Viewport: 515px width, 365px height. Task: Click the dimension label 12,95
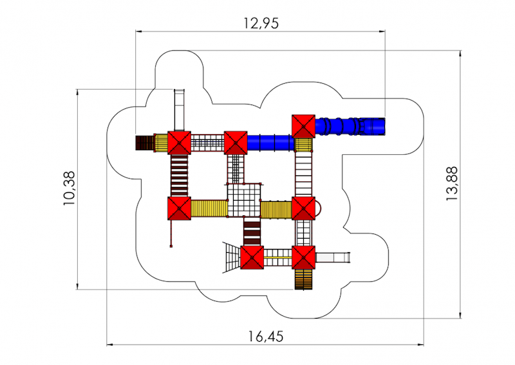[x=261, y=23]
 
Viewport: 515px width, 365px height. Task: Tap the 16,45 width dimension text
[x=266, y=337]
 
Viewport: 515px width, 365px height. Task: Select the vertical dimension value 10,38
[x=70, y=188]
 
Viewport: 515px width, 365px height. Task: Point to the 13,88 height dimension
[x=452, y=184]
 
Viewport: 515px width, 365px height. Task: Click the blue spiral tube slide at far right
[x=350, y=126]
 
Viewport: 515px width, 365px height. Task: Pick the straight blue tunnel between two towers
[x=270, y=143]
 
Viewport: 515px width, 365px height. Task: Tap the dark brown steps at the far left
[x=144, y=143]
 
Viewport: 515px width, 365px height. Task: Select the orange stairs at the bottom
[x=303, y=279]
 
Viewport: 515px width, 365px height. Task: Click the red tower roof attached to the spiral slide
[x=303, y=126]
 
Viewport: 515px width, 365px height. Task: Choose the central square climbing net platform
[x=244, y=200]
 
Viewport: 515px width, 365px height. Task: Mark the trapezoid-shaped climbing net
[x=232, y=257]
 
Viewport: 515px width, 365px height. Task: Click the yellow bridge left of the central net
[x=209, y=209]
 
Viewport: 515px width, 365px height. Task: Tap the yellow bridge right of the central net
[x=276, y=210]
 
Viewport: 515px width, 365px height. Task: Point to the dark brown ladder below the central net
[x=252, y=232]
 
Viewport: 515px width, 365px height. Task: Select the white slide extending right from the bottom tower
[x=333, y=257]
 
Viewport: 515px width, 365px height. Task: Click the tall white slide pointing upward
[x=179, y=110]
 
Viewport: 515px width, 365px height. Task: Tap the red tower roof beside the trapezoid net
[x=252, y=257]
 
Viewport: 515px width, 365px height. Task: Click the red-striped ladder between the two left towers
[x=180, y=176]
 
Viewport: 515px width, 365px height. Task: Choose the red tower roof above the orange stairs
[x=303, y=257]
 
